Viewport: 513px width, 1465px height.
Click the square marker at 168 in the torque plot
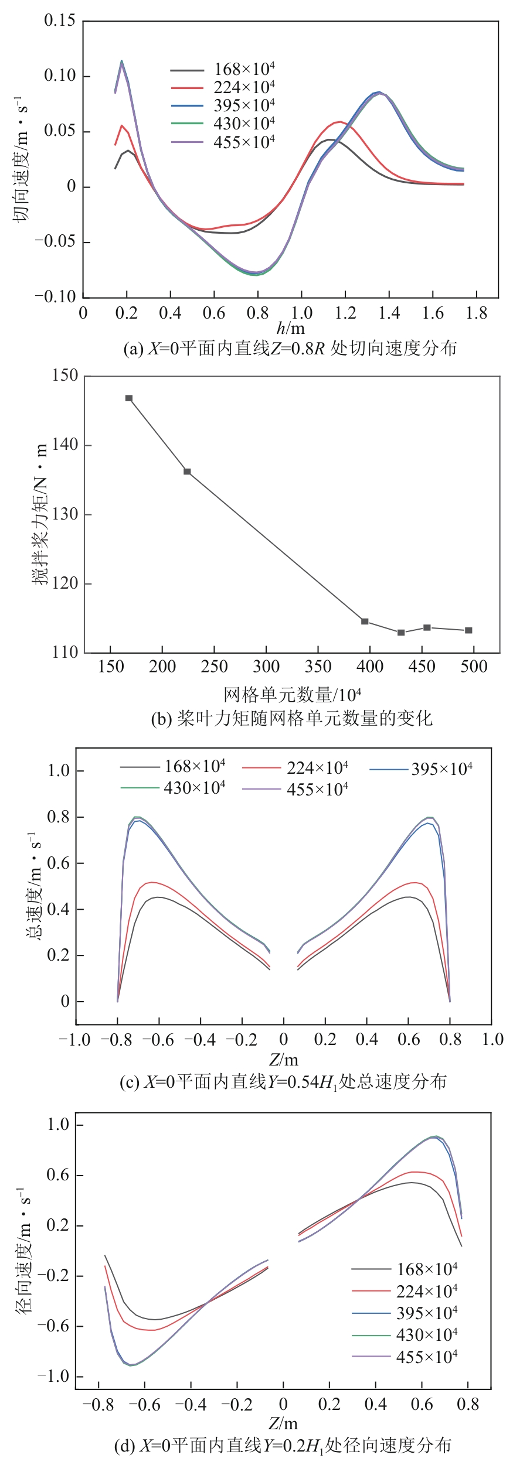click(129, 398)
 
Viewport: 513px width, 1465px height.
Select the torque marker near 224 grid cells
click(188, 472)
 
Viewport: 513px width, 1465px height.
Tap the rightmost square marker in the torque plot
click(468, 630)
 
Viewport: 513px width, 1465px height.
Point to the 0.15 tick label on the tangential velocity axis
click(60, 21)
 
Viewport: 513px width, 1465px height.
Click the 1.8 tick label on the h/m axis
click(476, 313)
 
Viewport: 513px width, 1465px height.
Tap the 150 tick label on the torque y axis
click(64, 375)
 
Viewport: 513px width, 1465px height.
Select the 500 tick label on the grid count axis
click(474, 667)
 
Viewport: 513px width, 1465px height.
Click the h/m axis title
click(291, 328)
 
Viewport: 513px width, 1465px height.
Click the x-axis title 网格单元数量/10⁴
click(292, 695)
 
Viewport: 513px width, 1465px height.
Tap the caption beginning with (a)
click(290, 349)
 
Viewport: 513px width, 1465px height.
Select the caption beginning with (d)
click(283, 1446)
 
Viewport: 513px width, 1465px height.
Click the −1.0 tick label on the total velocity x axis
click(75, 1040)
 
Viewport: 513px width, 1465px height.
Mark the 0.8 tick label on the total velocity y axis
click(59, 817)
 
